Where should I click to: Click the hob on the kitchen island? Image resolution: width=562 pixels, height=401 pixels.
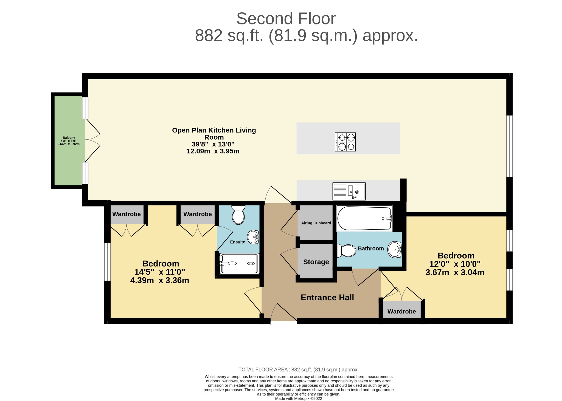(x=345, y=142)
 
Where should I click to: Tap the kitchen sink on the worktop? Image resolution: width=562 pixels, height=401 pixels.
(x=349, y=191)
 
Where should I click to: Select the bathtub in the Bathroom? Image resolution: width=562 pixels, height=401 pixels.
(x=364, y=218)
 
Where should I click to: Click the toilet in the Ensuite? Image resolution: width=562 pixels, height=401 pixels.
(x=238, y=215)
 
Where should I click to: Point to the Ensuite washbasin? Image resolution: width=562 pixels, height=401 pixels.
(x=253, y=237)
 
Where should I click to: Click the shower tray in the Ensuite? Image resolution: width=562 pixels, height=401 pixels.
(x=239, y=263)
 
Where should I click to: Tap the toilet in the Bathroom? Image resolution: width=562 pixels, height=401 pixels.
(x=346, y=250)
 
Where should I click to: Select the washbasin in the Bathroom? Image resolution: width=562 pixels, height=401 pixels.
(x=394, y=249)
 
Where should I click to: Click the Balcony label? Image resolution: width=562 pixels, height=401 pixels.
(x=69, y=138)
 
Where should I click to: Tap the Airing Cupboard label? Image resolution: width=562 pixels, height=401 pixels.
(x=316, y=223)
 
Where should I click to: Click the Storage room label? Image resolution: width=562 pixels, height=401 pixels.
(x=316, y=262)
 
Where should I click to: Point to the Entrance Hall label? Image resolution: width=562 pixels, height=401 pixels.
(x=327, y=298)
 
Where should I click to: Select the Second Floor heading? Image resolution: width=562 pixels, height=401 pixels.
(x=286, y=19)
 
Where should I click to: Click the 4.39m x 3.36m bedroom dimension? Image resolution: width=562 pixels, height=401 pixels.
(x=160, y=281)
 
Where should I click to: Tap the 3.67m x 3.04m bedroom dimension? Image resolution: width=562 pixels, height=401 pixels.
(x=455, y=273)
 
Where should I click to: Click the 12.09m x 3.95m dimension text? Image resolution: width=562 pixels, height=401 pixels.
(x=213, y=151)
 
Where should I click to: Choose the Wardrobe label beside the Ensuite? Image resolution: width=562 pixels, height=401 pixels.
(x=198, y=214)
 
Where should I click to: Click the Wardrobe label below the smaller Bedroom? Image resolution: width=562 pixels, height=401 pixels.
(x=402, y=312)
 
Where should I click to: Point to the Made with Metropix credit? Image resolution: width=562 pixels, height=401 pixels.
(x=299, y=399)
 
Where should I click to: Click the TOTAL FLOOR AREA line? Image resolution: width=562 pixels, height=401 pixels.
(x=299, y=370)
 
